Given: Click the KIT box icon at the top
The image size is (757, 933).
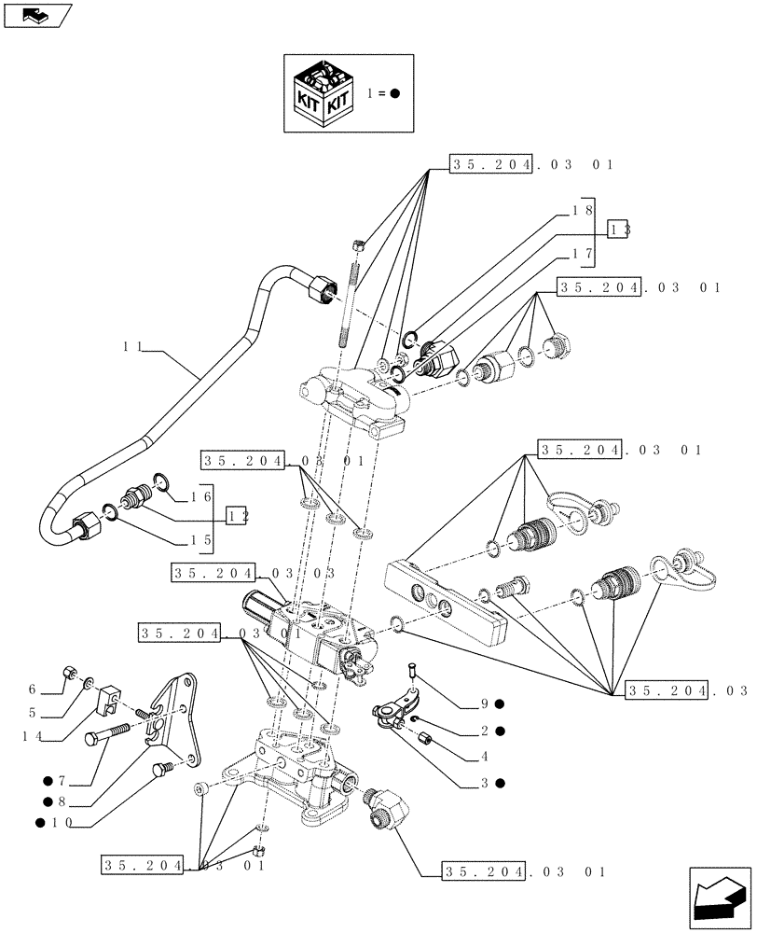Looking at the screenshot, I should point(321,93).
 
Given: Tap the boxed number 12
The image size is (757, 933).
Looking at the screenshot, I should point(237,514).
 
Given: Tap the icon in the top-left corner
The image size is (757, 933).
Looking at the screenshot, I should point(37,15).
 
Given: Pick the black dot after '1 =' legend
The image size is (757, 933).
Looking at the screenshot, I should point(395,94).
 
